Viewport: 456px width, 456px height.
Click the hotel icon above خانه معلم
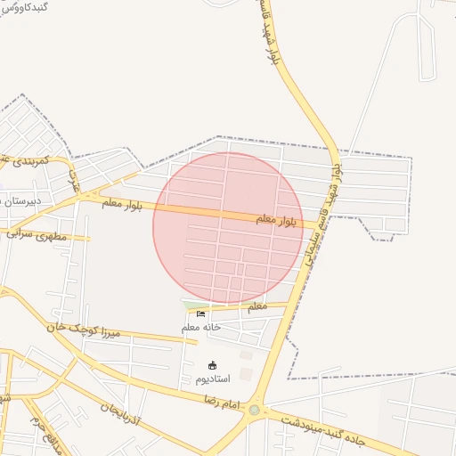(200, 313)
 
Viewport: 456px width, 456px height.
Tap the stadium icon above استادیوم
(212, 365)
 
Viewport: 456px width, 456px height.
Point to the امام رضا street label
(222, 403)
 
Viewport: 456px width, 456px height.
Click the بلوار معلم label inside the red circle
(277, 218)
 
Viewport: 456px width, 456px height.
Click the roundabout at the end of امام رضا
(256, 411)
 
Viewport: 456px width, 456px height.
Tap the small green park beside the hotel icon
(190, 306)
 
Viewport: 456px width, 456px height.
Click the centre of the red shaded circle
(228, 227)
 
